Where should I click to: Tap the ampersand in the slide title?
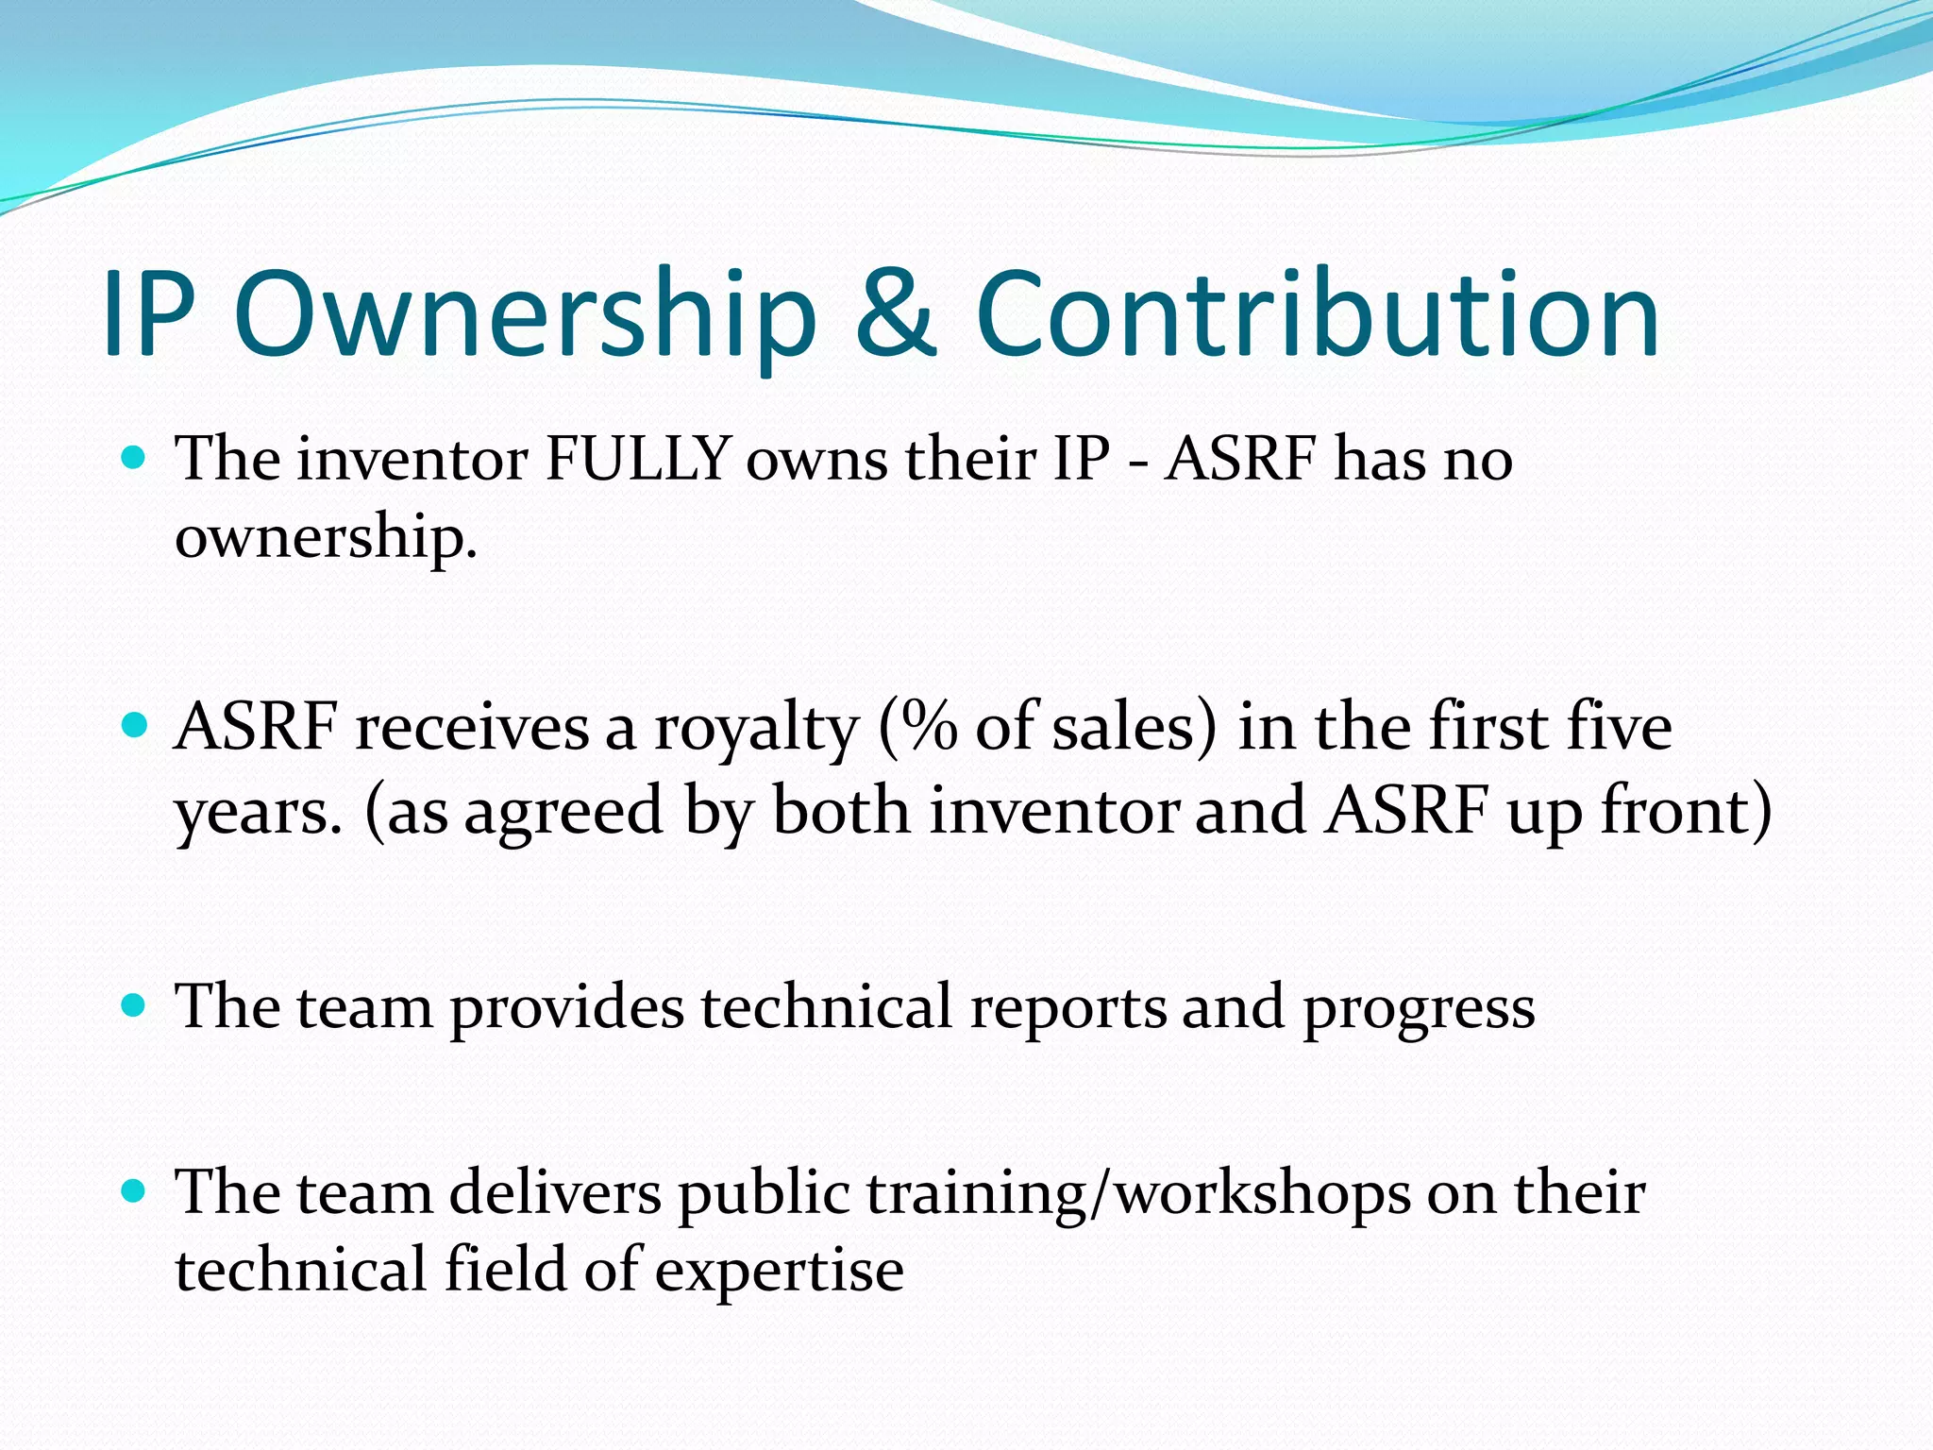click(895, 314)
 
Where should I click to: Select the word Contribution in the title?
click(1317, 314)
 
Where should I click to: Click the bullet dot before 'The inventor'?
click(135, 460)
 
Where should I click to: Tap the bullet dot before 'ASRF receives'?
click(135, 727)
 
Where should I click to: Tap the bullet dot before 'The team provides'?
click(135, 1006)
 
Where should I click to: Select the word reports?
click(1067, 1008)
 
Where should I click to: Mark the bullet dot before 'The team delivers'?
click(135, 1191)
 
